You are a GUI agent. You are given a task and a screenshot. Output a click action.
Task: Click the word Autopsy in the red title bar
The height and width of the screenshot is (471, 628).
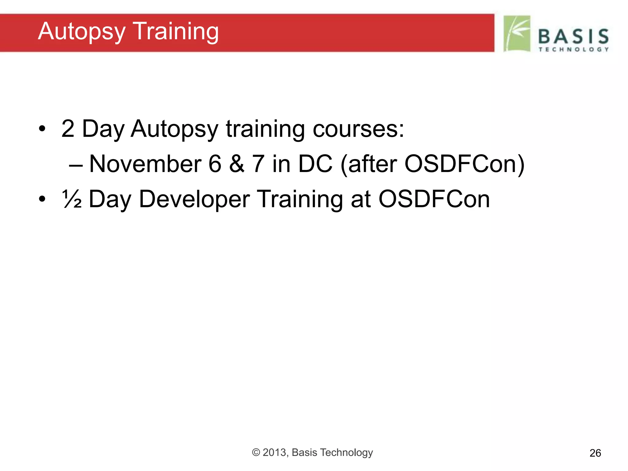click(x=82, y=32)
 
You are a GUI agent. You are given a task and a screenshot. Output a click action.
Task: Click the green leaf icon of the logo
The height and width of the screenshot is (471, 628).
click(x=517, y=34)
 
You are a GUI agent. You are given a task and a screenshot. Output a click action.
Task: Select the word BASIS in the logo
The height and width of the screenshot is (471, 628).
click(x=573, y=36)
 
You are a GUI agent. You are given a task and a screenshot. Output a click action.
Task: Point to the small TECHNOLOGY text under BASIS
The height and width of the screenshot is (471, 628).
click(x=573, y=49)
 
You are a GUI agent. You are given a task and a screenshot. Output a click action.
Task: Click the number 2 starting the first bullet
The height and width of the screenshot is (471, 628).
click(x=68, y=129)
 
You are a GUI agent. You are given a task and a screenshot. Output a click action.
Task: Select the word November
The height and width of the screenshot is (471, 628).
click(x=145, y=164)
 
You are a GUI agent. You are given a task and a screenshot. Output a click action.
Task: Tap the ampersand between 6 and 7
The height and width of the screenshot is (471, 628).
click(x=237, y=164)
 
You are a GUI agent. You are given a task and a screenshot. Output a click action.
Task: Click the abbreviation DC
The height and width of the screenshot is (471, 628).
click(x=315, y=164)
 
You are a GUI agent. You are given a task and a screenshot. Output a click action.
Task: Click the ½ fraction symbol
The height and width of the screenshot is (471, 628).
click(x=72, y=199)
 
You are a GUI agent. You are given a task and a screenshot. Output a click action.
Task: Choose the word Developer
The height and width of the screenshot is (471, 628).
click(x=194, y=199)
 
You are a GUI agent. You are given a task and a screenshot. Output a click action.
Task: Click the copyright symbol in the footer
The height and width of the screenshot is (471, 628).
click(x=256, y=452)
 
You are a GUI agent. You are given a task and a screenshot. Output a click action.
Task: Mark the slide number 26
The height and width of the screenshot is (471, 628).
click(x=595, y=453)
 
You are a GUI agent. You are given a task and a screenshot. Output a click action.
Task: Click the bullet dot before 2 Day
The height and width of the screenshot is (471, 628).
click(x=42, y=129)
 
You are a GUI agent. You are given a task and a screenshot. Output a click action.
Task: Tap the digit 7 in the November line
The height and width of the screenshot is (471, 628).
click(x=258, y=164)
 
